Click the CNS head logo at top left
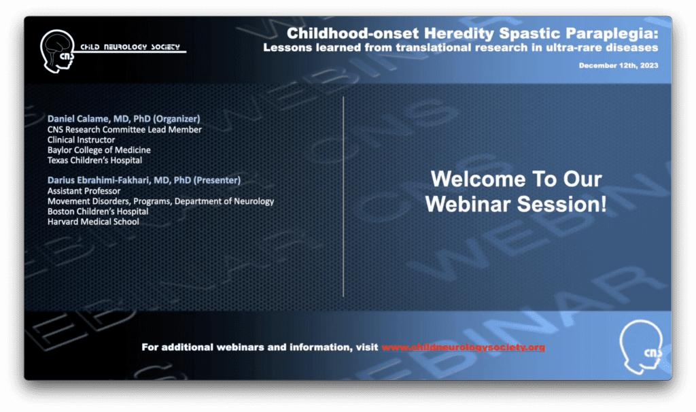(57, 51)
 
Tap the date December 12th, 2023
(619, 65)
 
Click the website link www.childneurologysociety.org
(463, 347)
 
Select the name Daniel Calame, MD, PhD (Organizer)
(124, 118)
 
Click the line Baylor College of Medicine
(99, 150)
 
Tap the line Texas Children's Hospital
(95, 160)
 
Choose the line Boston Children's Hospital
(98, 211)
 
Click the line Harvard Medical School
(93, 222)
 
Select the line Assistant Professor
(84, 191)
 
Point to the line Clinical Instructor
(82, 140)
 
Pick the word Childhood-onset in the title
(353, 33)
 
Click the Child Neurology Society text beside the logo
(130, 47)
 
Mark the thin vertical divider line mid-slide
(343, 196)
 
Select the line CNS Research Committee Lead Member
(124, 130)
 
